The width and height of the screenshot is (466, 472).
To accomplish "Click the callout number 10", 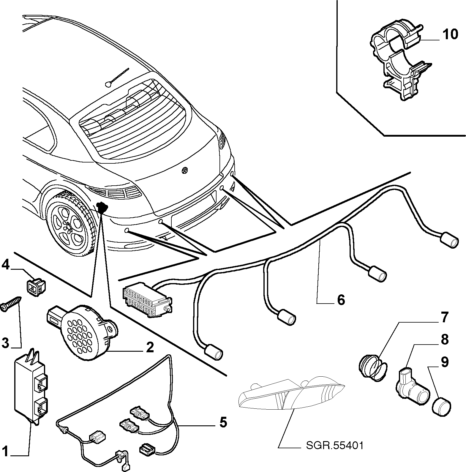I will tap(450, 34).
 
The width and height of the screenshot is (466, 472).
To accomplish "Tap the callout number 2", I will tap(150, 347).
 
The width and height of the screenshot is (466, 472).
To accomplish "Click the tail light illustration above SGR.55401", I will tap(291, 393).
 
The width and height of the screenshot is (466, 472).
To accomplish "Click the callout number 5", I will tap(223, 422).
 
